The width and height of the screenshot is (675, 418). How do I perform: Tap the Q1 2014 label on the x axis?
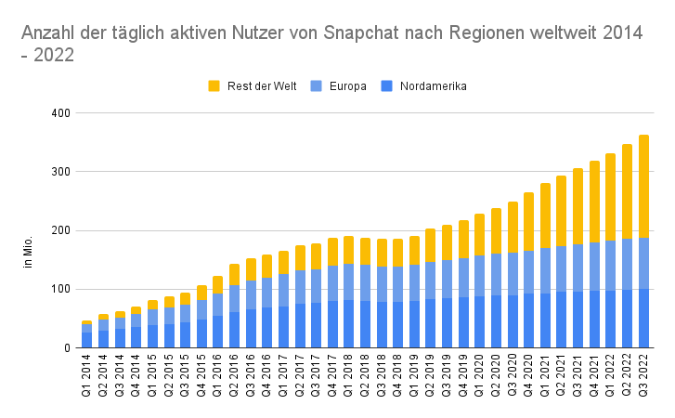tap(87, 377)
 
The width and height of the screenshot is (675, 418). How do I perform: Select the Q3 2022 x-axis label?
tap(643, 377)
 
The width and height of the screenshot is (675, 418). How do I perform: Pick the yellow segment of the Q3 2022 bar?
tap(643, 186)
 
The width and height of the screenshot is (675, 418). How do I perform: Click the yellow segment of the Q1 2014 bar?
tap(87, 322)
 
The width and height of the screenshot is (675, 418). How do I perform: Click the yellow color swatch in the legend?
tap(214, 86)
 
